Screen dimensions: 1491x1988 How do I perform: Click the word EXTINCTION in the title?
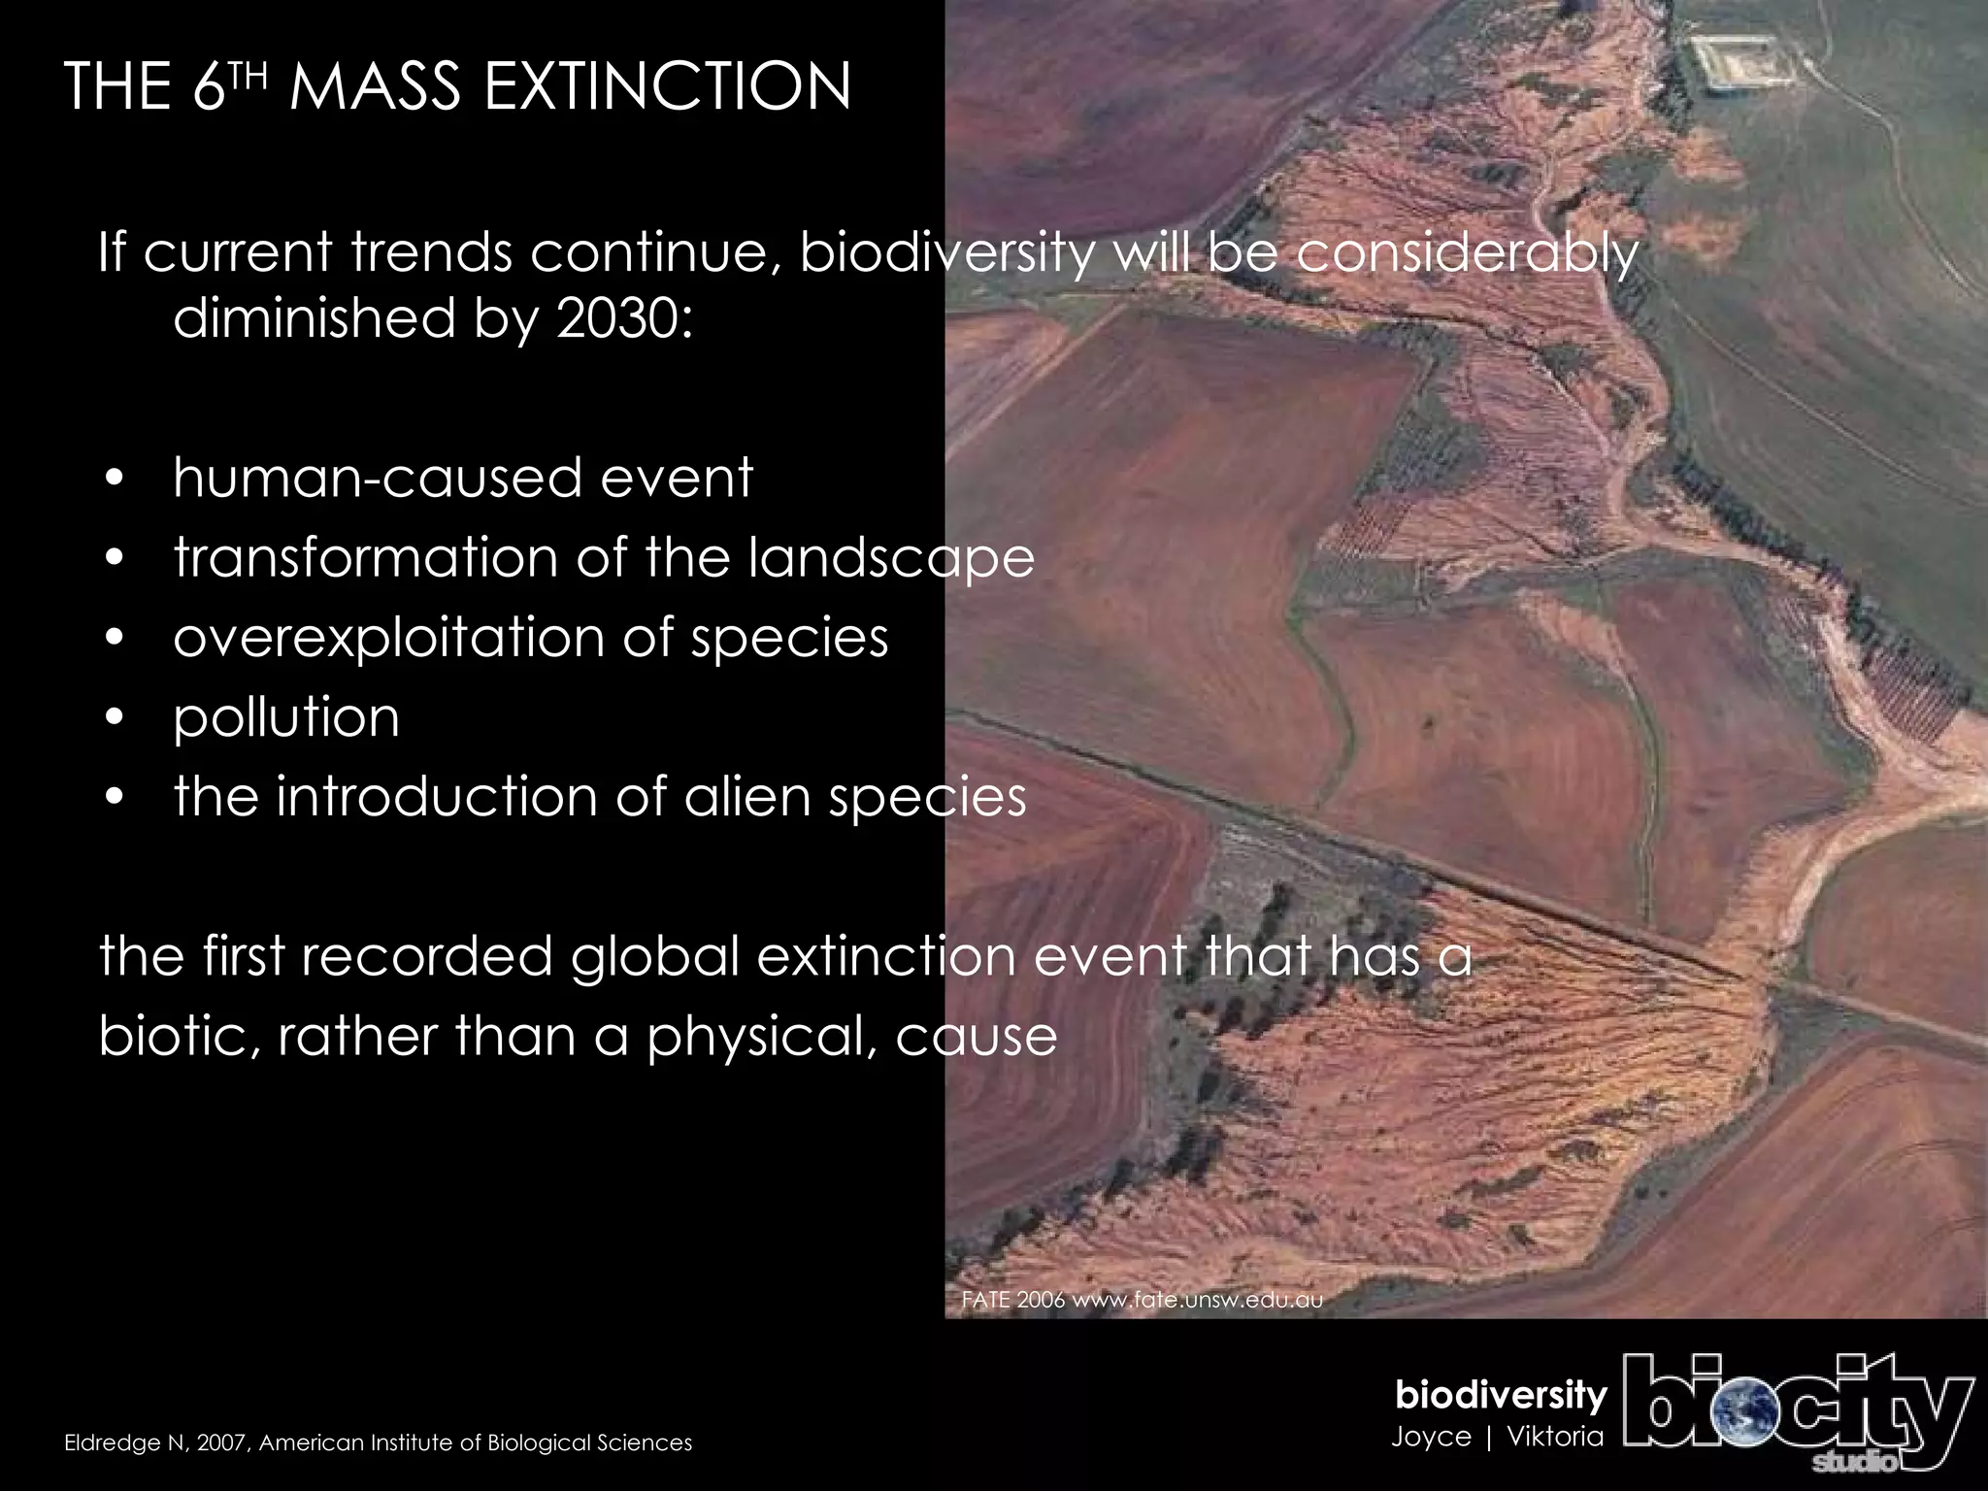pos(666,87)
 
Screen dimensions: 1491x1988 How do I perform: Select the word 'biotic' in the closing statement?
pos(172,1037)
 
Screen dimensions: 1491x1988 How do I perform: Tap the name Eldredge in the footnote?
pos(101,1443)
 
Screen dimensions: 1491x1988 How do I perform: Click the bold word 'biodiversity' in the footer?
pos(1501,1396)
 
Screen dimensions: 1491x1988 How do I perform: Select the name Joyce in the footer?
pos(1431,1436)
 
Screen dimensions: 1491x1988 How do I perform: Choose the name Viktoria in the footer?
pos(1555,1436)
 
